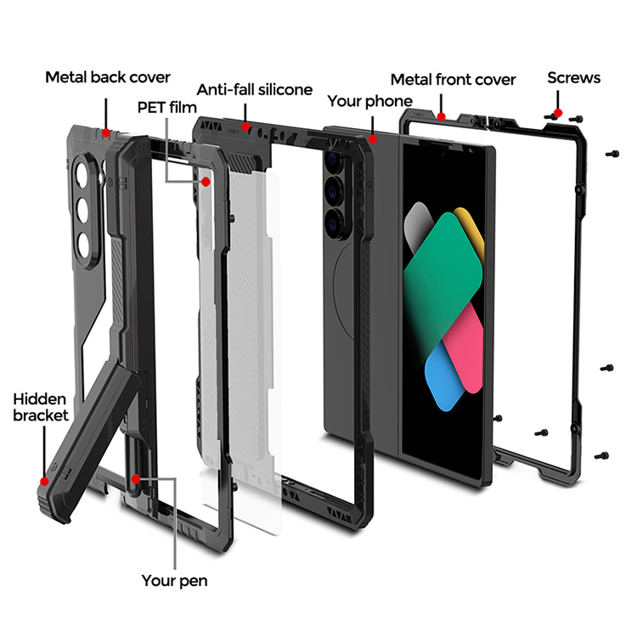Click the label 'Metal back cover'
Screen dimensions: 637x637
(108, 77)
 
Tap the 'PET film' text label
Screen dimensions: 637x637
(166, 108)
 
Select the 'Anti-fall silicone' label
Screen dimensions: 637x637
(255, 89)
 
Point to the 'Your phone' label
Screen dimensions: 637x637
(369, 101)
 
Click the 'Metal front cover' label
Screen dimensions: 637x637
(453, 79)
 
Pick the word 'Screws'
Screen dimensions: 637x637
(573, 77)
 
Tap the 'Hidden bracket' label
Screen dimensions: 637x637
(41, 407)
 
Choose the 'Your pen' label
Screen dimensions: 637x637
(174, 581)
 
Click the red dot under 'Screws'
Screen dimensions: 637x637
(557, 111)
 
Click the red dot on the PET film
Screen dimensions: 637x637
(206, 183)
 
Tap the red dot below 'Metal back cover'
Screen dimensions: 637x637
(105, 132)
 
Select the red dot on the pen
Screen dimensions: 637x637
(138, 480)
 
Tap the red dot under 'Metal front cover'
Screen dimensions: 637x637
(441, 115)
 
